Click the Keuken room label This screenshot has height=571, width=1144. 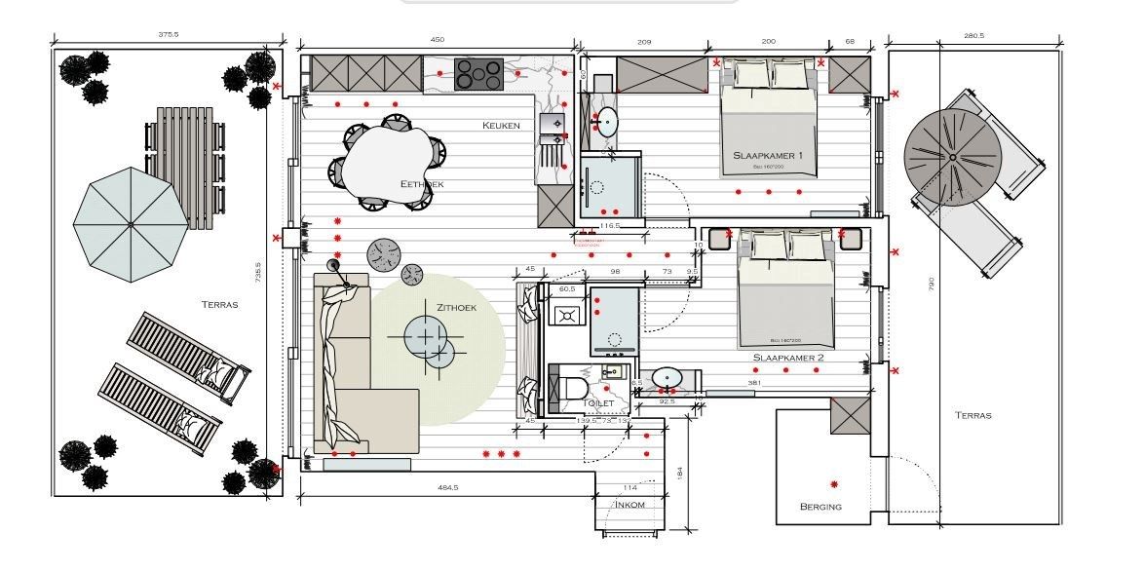(501, 126)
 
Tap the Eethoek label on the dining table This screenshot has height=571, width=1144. (421, 183)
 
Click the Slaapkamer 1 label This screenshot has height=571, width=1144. (768, 156)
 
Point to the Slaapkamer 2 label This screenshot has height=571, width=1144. (787, 358)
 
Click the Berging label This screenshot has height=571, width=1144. (820, 507)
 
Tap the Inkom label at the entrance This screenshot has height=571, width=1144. (629, 505)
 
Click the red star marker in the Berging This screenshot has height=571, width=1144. (834, 484)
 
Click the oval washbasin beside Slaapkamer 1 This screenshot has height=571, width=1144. (606, 123)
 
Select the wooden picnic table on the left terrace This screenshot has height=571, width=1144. (186, 161)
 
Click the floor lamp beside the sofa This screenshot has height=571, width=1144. (334, 264)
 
